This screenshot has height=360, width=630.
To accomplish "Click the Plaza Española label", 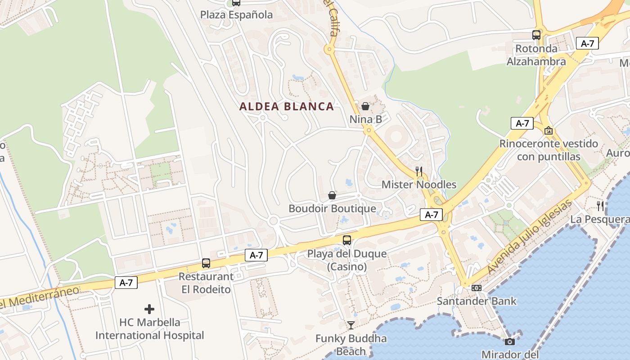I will point(236,15).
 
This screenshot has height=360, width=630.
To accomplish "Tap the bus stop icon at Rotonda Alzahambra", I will point(536,35).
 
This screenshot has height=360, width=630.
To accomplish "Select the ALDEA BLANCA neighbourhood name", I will point(287,107).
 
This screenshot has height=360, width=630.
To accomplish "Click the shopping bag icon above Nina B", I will point(365,106).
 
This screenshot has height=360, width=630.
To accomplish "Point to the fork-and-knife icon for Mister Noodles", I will point(419,171).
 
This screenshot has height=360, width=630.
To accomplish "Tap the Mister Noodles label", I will point(419,184).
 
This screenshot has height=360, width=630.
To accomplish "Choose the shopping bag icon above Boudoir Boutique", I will point(332,195).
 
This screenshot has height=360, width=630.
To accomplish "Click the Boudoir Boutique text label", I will point(332,209).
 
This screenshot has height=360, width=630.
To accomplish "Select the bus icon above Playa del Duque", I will point(346,240).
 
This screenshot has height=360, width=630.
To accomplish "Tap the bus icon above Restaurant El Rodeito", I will point(206,263).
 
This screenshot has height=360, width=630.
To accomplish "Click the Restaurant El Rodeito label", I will point(206,283).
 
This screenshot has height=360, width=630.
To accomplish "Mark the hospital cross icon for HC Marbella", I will point(149,309).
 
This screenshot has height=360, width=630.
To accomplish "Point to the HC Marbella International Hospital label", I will point(149,329).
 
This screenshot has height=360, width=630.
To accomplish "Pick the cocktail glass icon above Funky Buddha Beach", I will point(351,325).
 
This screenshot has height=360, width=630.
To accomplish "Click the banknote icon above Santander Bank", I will point(477,288).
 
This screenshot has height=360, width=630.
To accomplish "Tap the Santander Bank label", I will point(477,301).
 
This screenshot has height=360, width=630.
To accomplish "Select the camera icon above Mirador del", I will point(510,342).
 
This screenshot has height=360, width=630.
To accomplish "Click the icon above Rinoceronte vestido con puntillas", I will point(549,130).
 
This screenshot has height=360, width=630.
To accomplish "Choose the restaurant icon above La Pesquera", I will point(600,206).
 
